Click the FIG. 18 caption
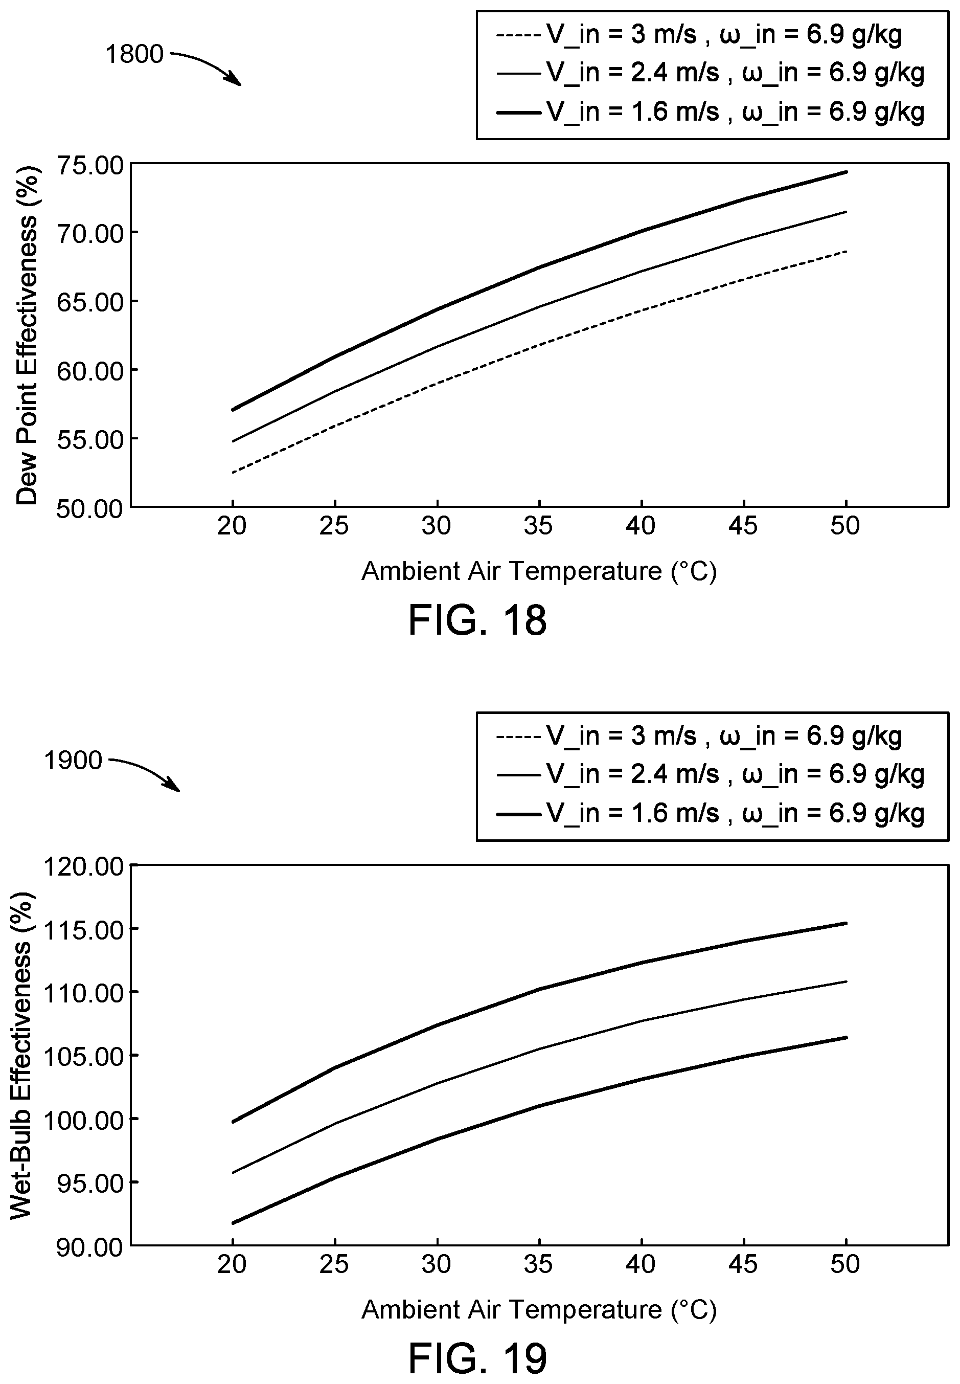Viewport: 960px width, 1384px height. coord(477,620)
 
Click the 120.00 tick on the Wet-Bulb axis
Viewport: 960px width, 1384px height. coord(84,866)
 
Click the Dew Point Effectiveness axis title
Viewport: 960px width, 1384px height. coord(27,336)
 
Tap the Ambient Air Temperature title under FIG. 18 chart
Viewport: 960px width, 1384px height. coord(539,570)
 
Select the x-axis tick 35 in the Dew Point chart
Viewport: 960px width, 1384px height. coord(538,526)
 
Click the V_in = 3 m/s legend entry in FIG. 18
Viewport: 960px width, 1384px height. coord(699,35)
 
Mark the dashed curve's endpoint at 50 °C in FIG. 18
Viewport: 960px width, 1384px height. coord(845,251)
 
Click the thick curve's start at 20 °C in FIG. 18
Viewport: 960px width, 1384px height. coord(232,410)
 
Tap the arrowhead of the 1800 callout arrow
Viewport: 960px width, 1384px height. coord(239,84)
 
